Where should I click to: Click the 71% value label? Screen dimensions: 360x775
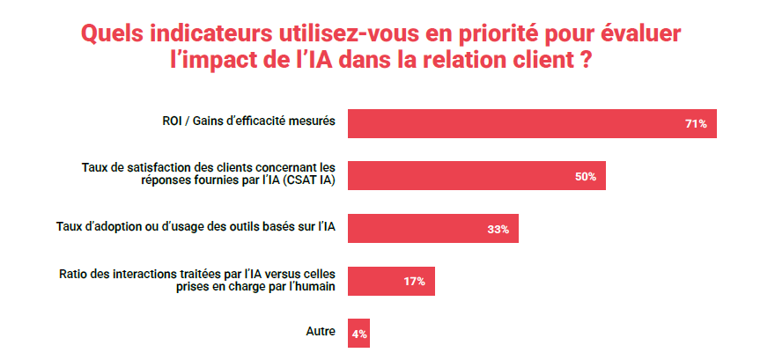(696, 124)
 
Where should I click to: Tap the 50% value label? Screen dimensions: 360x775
(586, 177)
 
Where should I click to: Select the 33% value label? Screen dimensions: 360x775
(498, 230)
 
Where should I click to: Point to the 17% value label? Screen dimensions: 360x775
(414, 282)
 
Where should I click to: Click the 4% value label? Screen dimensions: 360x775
(359, 334)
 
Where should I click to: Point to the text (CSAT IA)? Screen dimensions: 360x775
(309, 180)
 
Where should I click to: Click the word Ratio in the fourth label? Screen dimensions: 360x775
(73, 275)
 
